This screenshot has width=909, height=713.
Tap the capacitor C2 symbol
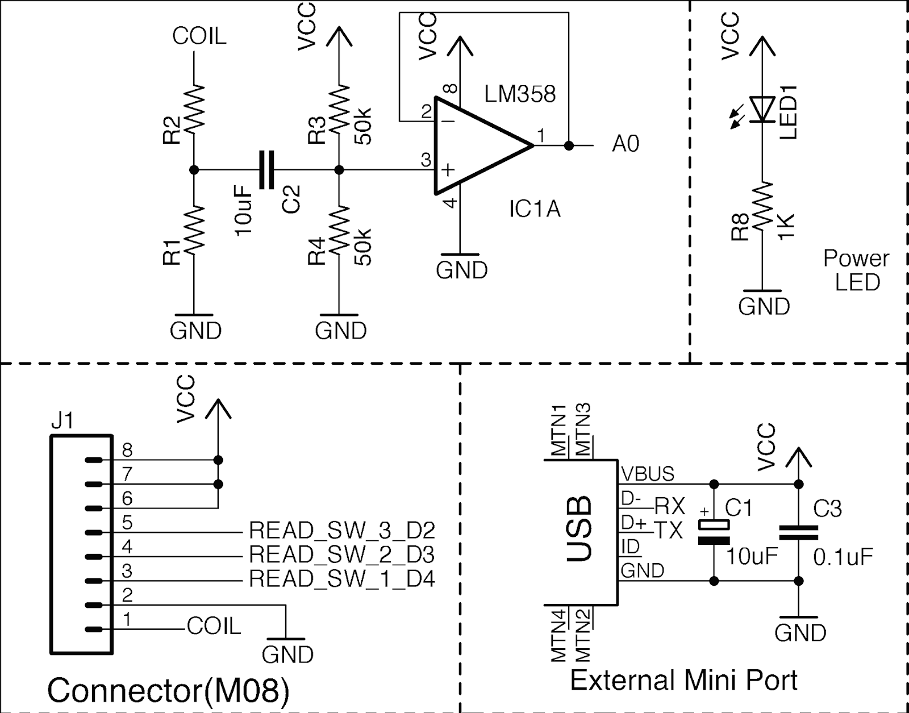[x=266, y=169]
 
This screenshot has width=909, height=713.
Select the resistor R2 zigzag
[x=194, y=109]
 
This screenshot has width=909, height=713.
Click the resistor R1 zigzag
[x=194, y=230]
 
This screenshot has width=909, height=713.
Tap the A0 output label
[x=626, y=144]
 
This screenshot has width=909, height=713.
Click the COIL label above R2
[x=199, y=36]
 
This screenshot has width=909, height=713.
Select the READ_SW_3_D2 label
[x=341, y=531]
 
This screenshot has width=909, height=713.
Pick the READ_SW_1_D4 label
[x=341, y=579]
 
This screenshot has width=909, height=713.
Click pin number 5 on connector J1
[x=127, y=523]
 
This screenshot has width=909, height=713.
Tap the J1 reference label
[x=62, y=421]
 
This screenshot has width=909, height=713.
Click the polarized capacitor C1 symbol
[x=714, y=532]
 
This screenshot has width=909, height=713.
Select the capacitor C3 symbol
[x=798, y=532]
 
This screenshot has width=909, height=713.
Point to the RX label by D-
[x=670, y=506]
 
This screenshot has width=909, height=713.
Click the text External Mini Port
[x=683, y=680]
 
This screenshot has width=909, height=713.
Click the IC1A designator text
[x=534, y=210]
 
